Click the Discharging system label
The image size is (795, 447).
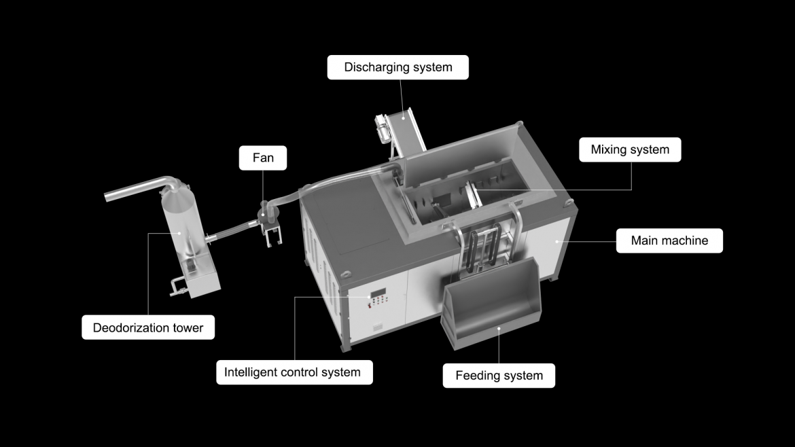tap(398, 67)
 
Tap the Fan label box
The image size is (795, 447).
tap(263, 158)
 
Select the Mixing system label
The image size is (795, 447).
tap(630, 149)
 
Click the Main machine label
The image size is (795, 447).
tap(669, 240)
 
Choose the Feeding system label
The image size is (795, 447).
tap(499, 376)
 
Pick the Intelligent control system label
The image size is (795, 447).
tap(294, 372)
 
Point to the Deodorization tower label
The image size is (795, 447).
tap(148, 328)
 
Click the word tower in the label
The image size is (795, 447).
tap(188, 328)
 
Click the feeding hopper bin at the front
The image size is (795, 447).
tap(491, 305)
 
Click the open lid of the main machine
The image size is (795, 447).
tap(461, 152)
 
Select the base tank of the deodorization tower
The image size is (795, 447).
tap(197, 277)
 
